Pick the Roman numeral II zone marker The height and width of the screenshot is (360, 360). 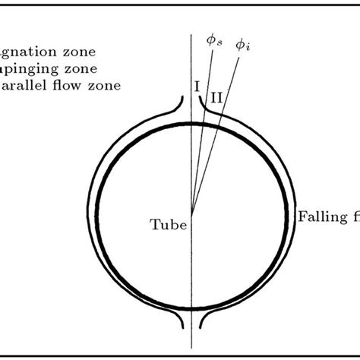pyautogui.click(x=216, y=96)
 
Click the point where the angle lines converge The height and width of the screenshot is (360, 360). pyautogui.click(x=192, y=214)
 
